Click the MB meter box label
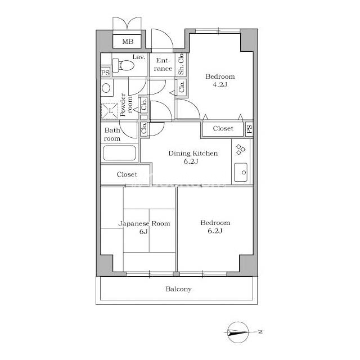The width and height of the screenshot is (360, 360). [128, 42]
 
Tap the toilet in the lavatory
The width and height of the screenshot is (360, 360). [124, 65]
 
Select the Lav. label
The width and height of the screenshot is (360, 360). [139, 57]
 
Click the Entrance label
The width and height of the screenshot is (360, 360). [163, 65]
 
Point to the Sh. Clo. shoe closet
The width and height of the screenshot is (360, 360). [181, 64]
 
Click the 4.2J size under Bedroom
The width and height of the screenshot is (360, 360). [220, 85]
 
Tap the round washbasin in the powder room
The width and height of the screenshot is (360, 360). [106, 88]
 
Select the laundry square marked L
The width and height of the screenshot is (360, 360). [110, 111]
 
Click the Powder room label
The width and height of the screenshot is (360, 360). [126, 105]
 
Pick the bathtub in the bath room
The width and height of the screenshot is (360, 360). [119, 152]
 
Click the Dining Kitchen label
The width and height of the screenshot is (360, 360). [193, 154]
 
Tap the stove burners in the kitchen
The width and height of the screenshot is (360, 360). [241, 150]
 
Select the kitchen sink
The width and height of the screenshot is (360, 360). [241, 172]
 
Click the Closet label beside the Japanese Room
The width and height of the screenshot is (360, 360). [127, 174]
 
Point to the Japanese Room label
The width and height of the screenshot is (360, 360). [144, 224]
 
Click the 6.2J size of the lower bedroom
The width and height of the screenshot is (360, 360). [215, 231]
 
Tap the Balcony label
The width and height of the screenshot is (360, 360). [178, 289]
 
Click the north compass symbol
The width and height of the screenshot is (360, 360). [238, 332]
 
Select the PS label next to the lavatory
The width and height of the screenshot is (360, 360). [105, 73]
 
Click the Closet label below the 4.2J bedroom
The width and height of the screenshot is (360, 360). [223, 128]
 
